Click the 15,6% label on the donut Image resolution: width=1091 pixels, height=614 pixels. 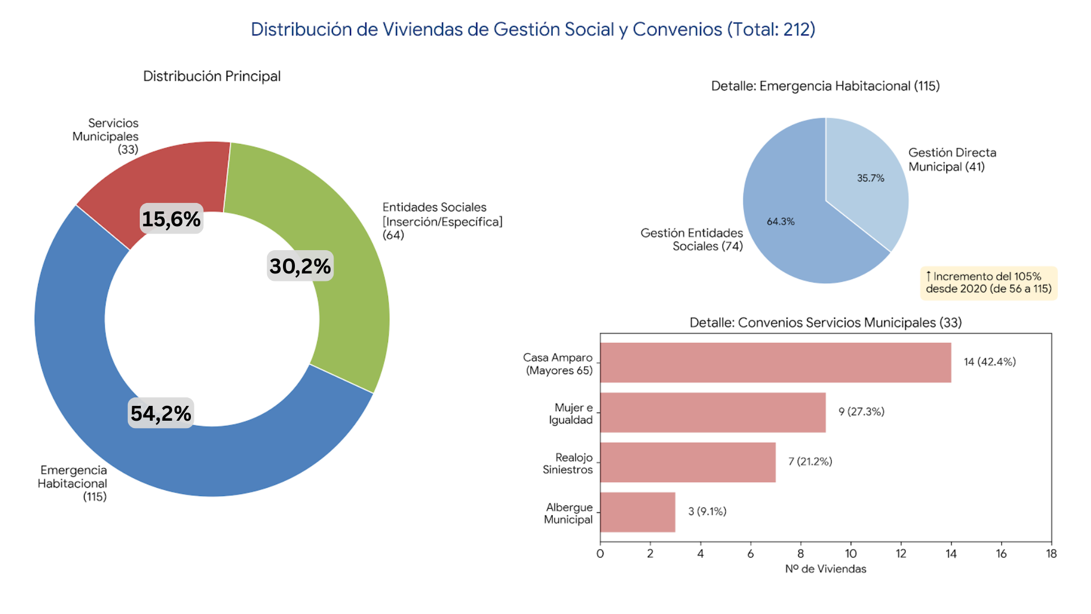(x=171, y=219)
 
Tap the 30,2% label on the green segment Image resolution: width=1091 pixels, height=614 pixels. (x=300, y=266)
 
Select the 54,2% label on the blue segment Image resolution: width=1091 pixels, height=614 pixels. (x=161, y=413)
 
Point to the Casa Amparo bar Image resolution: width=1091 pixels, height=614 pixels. (x=775, y=362)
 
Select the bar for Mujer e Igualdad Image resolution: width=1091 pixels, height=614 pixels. (x=713, y=412)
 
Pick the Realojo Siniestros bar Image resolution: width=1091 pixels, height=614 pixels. (x=688, y=462)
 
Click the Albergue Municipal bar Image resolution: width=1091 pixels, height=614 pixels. (x=638, y=512)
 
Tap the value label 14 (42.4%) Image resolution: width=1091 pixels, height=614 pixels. (x=989, y=362)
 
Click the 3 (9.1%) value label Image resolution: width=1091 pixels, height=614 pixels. (x=707, y=512)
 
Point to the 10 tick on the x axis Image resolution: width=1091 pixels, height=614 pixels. (x=851, y=554)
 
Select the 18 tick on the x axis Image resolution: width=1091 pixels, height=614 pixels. (x=1051, y=554)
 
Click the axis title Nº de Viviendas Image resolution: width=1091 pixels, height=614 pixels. (x=826, y=569)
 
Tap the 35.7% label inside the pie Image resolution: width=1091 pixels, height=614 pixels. (x=871, y=178)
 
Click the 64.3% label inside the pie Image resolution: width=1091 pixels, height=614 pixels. (x=781, y=222)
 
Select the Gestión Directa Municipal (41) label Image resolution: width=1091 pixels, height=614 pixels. (x=952, y=160)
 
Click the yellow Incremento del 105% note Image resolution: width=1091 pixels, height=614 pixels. (x=988, y=283)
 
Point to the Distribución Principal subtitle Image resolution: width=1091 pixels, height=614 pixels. (x=212, y=76)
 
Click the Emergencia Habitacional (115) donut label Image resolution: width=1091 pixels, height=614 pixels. (x=73, y=483)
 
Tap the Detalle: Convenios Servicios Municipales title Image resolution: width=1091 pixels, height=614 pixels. (x=826, y=322)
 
